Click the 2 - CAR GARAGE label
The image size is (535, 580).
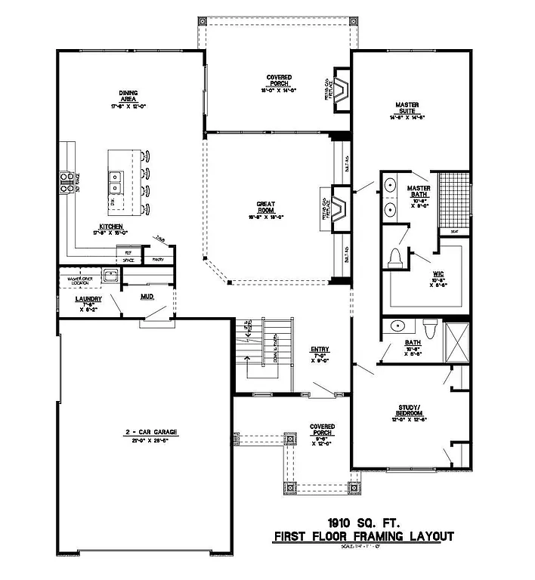pos(151,433)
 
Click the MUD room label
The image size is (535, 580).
pos(147,296)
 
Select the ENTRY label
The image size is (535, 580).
pos(320,350)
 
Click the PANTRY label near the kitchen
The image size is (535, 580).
pos(158,259)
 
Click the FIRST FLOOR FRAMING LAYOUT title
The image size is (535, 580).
pos(363,537)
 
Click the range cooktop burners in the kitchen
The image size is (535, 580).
pos(65,179)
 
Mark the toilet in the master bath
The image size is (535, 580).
pos(393,259)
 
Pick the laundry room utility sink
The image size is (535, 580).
pos(110,276)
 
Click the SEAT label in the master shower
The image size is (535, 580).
pos(454,231)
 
